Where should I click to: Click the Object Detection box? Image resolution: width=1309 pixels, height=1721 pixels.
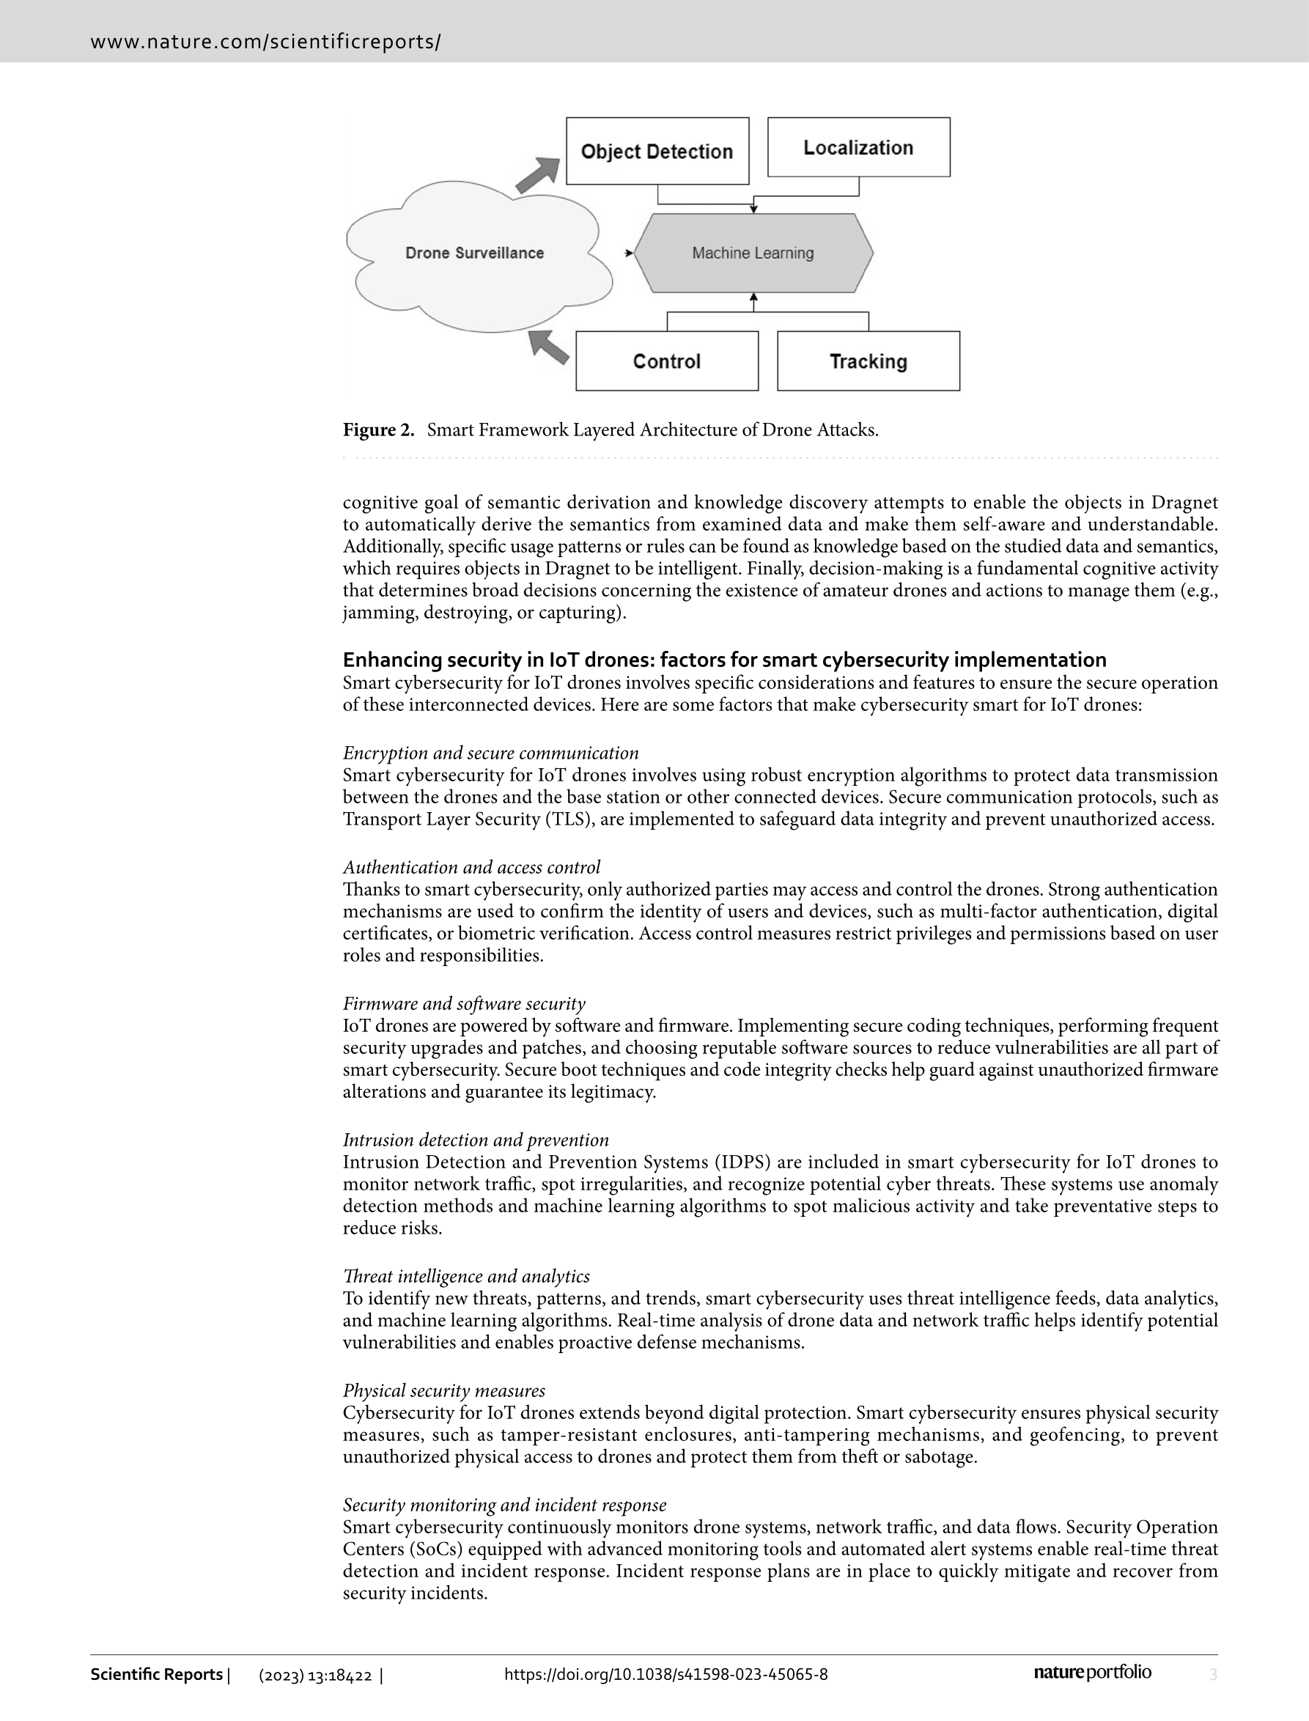tap(657, 151)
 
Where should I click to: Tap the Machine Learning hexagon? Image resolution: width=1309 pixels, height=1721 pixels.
tap(753, 253)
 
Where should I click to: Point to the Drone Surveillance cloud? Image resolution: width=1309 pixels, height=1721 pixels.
tap(474, 253)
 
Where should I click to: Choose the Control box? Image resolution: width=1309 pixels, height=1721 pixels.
tap(666, 361)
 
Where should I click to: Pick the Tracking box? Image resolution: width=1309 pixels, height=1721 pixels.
tap(868, 361)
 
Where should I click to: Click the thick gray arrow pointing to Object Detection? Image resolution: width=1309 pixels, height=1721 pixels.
tap(538, 175)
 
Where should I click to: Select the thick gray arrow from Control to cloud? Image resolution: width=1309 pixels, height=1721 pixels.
tap(548, 347)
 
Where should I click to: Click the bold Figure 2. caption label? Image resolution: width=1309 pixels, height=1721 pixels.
tap(379, 430)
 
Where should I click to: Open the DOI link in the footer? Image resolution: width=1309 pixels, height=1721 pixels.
tap(665, 1674)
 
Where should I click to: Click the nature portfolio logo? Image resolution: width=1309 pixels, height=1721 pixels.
tap(1091, 1673)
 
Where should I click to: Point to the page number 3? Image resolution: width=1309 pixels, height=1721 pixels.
tap(1212, 1674)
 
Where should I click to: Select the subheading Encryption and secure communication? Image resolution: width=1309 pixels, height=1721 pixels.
tap(491, 753)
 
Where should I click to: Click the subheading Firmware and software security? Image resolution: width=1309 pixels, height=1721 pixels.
tap(464, 1003)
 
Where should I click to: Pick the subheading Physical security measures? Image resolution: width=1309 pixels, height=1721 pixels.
tap(444, 1390)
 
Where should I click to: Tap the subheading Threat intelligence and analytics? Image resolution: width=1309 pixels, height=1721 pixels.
tap(466, 1276)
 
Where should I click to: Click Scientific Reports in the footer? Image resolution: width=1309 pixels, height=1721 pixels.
tap(157, 1674)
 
